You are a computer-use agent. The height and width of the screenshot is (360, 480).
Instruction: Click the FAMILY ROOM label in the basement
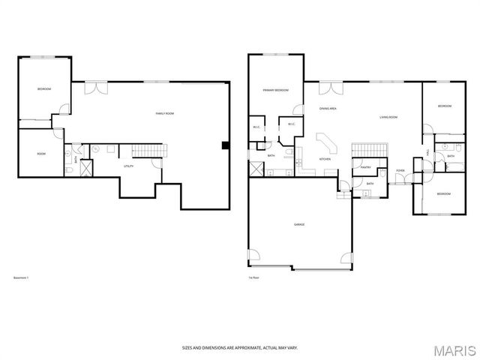pyautogui.click(x=164, y=113)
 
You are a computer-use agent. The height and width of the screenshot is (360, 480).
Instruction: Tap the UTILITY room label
pyautogui.click(x=129, y=166)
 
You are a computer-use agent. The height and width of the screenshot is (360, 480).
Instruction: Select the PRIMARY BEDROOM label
pyautogui.click(x=275, y=90)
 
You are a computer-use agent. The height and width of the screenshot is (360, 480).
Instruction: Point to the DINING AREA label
pyautogui.click(x=328, y=109)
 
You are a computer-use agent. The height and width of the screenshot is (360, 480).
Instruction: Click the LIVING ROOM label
pyautogui.click(x=388, y=117)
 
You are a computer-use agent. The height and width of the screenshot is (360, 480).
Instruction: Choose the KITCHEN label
pyautogui.click(x=325, y=159)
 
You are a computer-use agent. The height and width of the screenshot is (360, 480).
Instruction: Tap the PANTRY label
pyautogui.click(x=366, y=168)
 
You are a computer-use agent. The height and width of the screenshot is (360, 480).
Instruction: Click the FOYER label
pyautogui.click(x=400, y=170)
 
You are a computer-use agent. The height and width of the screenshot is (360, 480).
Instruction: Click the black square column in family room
pyautogui.click(x=224, y=145)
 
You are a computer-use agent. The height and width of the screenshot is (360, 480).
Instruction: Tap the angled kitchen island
pyautogui.click(x=327, y=144)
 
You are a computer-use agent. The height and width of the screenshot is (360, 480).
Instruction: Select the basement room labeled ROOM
pyautogui.click(x=41, y=154)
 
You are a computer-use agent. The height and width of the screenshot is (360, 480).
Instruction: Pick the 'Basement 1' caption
pyautogui.click(x=22, y=277)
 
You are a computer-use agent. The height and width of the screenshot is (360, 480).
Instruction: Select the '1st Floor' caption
pyautogui.click(x=253, y=277)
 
